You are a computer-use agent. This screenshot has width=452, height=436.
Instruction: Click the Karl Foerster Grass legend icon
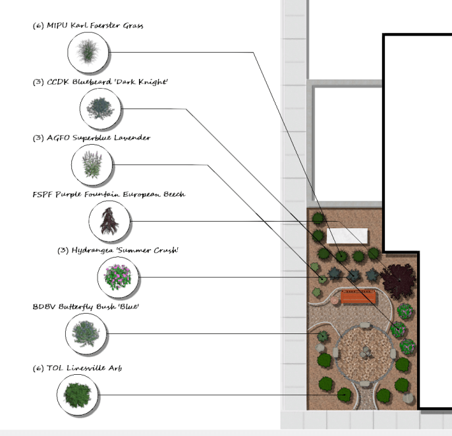(x=88, y=53)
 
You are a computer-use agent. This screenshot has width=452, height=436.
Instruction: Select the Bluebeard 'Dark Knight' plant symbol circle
(x=100, y=109)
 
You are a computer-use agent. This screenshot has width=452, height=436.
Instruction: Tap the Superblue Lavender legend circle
(x=92, y=164)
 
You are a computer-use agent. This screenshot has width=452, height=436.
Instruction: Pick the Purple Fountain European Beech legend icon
(x=109, y=221)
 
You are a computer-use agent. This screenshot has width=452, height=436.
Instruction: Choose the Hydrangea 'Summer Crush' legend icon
(x=118, y=277)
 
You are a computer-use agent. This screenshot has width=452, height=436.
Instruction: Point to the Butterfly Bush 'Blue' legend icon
(x=86, y=333)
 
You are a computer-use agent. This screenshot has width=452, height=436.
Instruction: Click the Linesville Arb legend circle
(x=77, y=395)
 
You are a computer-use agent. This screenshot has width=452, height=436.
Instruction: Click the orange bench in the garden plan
(x=358, y=297)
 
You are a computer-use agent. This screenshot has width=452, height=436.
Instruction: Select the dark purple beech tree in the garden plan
(x=399, y=281)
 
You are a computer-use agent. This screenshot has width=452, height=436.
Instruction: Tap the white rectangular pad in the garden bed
(x=347, y=235)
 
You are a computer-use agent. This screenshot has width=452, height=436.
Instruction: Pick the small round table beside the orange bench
(x=335, y=301)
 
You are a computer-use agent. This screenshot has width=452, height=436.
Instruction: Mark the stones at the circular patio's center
(x=366, y=352)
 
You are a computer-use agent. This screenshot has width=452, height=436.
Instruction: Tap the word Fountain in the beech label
(x=102, y=195)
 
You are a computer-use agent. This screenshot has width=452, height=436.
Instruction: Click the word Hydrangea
(x=92, y=251)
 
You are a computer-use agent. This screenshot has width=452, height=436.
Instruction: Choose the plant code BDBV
(x=44, y=306)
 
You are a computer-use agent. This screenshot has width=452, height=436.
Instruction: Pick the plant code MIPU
(x=57, y=26)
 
